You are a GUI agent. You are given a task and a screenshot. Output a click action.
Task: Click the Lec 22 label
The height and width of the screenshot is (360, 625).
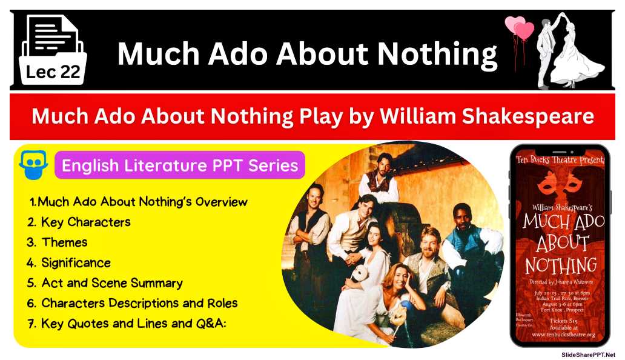(x=53, y=72)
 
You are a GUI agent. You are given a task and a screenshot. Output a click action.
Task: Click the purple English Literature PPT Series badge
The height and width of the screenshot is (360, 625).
(x=180, y=165)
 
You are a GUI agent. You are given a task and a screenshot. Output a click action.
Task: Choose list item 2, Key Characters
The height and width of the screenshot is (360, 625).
(x=79, y=222)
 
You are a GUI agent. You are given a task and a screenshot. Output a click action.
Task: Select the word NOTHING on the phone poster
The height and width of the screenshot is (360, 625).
(x=560, y=265)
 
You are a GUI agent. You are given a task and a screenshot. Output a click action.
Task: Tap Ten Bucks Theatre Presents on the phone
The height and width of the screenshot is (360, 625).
(x=560, y=160)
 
